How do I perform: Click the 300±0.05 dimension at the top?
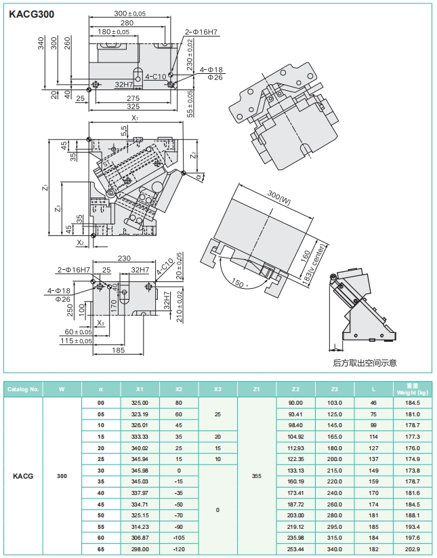click(x=129, y=14)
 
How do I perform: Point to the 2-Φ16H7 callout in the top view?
click(x=201, y=33)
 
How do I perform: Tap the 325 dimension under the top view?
click(x=133, y=106)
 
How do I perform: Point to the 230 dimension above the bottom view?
click(x=123, y=258)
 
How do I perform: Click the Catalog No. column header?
click(x=24, y=390)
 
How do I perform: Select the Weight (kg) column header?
click(x=413, y=390)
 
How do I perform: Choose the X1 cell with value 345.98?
click(x=140, y=471)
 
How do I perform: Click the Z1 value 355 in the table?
click(x=256, y=476)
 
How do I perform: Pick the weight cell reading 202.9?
click(x=413, y=549)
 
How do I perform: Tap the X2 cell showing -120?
click(x=179, y=549)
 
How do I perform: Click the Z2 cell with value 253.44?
click(x=295, y=549)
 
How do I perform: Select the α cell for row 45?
click(x=101, y=505)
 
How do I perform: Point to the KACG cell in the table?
click(x=23, y=476)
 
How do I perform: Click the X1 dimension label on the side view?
click(x=135, y=118)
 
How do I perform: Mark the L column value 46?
click(x=373, y=403)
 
